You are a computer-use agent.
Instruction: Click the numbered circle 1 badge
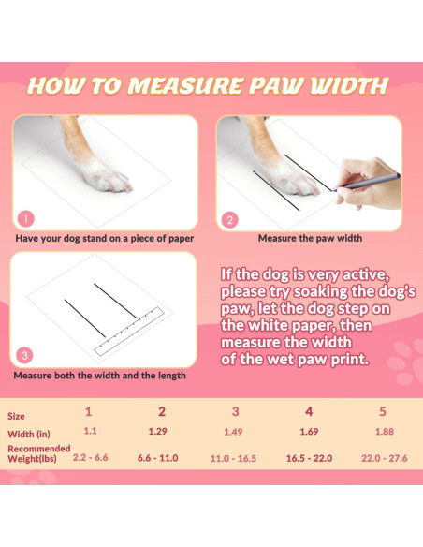26,218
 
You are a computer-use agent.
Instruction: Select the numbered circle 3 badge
25,355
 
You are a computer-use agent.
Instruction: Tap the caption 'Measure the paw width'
310,238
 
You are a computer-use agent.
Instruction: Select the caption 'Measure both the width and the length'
99,375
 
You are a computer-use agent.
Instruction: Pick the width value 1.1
90,432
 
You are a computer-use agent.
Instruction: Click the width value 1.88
385,432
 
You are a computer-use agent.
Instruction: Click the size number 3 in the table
235,411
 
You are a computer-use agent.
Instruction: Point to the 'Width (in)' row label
29,434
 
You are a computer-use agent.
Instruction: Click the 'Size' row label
17,415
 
